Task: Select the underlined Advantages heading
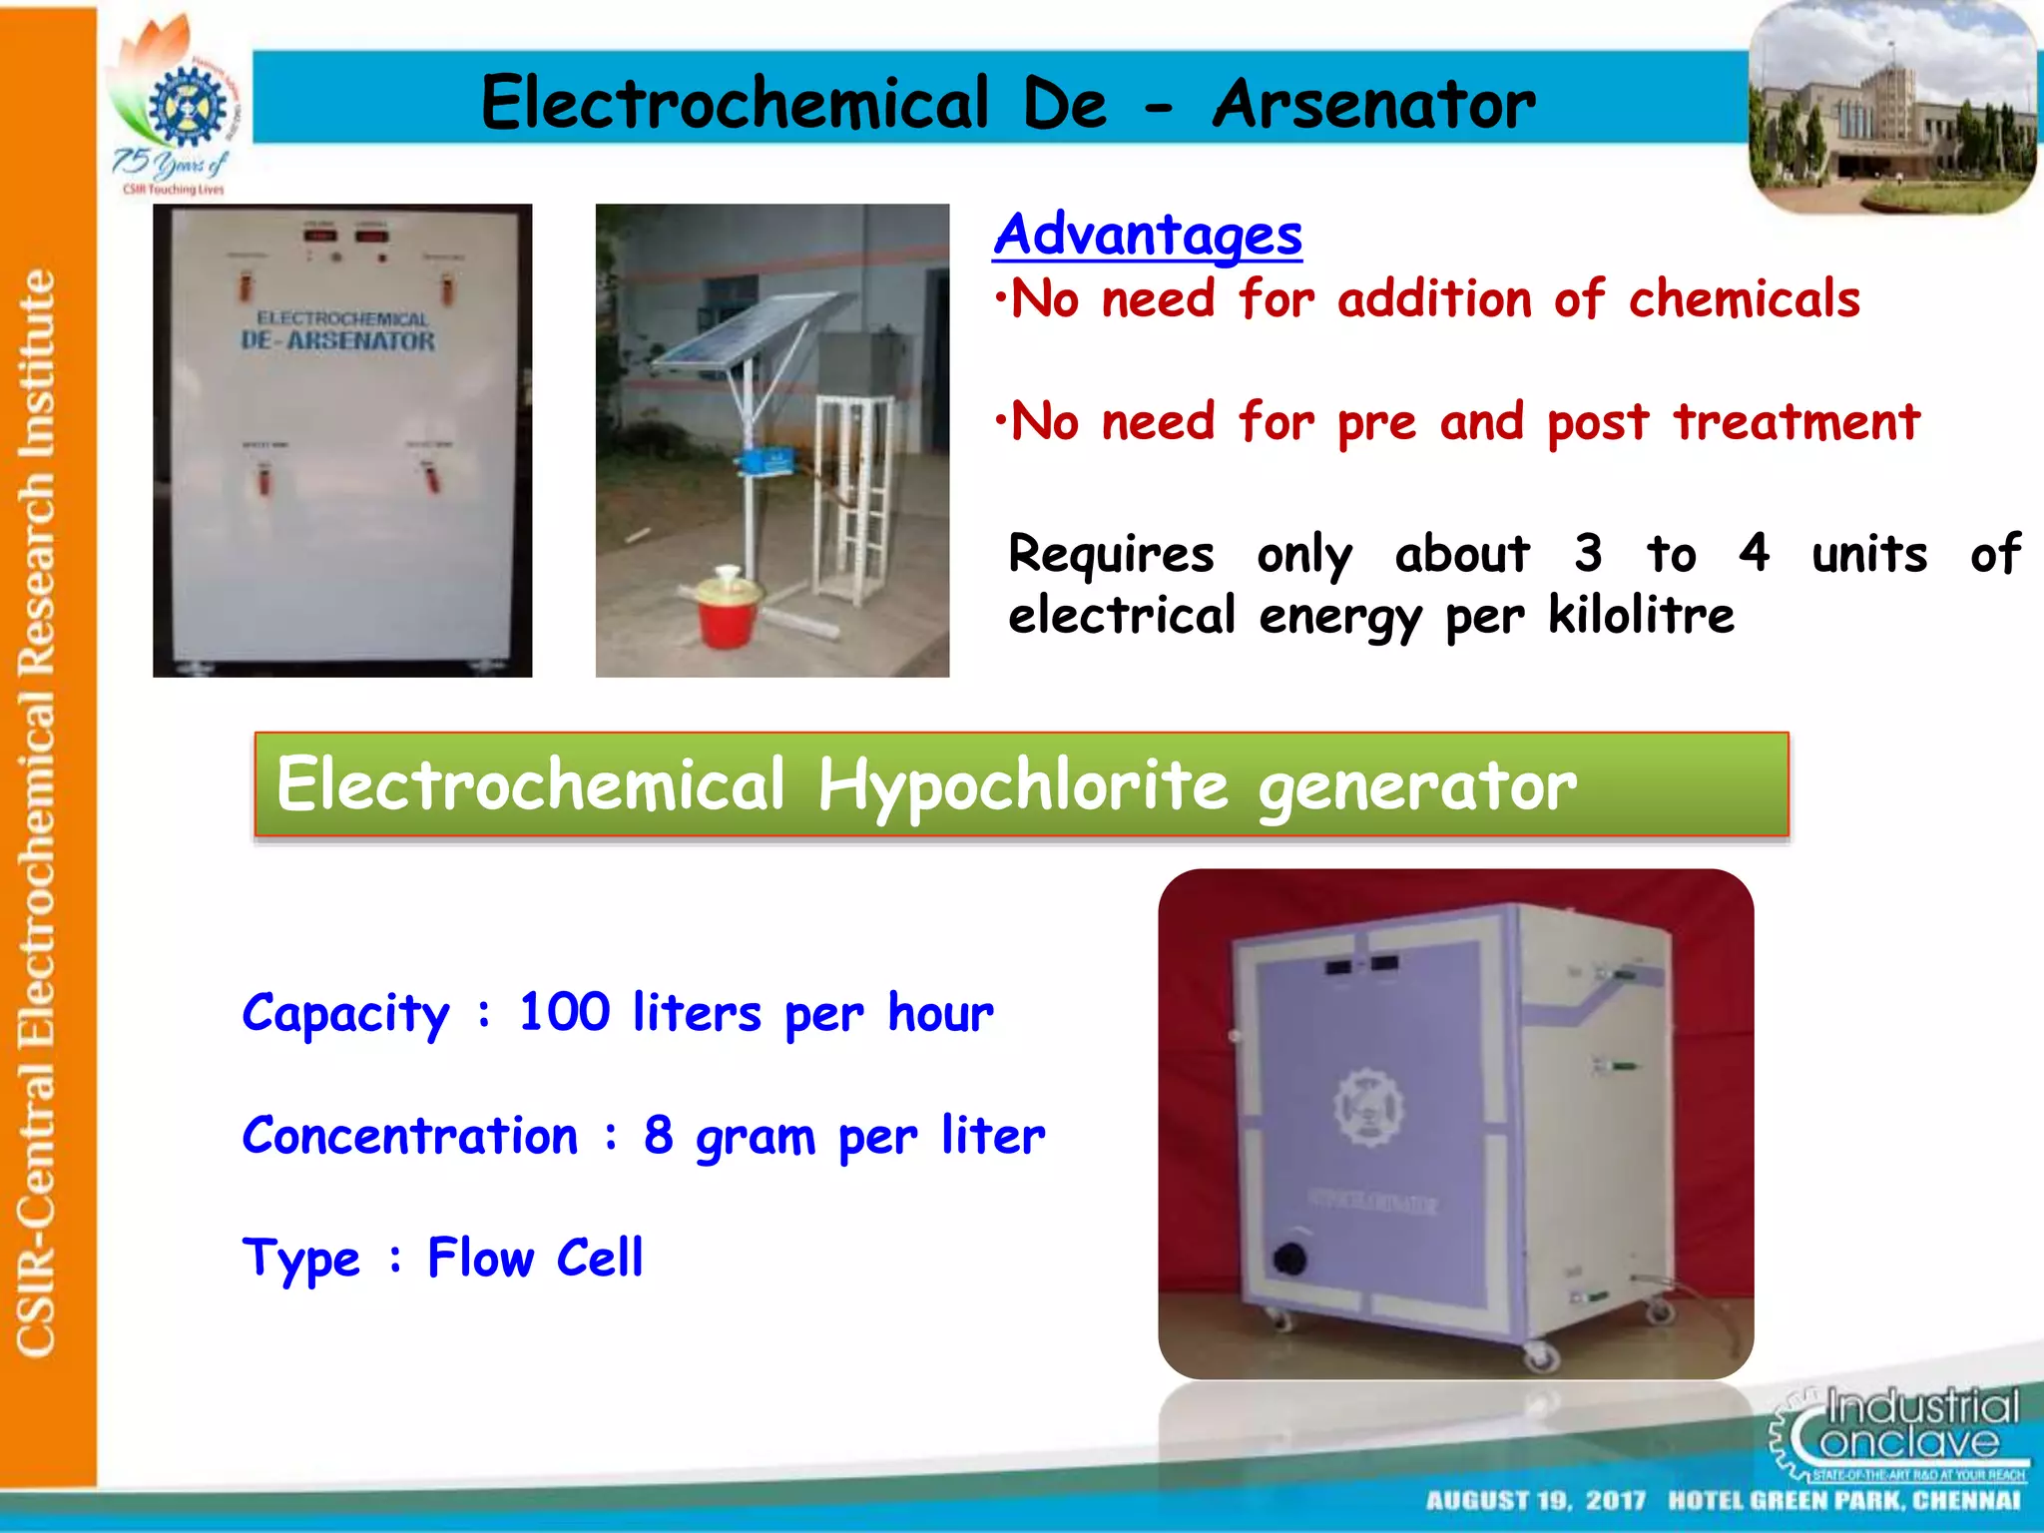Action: coord(1148,236)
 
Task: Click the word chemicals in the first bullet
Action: coord(1744,299)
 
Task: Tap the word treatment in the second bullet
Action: coord(1796,421)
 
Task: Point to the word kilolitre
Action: coord(1641,615)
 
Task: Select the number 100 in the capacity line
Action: coord(564,1012)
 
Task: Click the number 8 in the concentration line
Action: coord(658,1135)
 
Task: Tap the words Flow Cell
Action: coord(535,1258)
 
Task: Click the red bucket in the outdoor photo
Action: coord(728,609)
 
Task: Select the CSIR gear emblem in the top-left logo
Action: coord(187,106)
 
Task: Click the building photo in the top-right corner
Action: coord(1892,108)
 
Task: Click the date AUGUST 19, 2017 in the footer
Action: coord(1535,1501)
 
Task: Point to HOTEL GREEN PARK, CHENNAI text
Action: coord(1844,1501)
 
